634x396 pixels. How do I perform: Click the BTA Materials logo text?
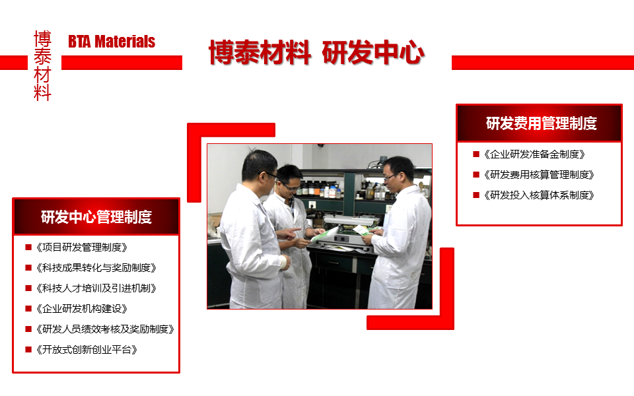pyautogui.click(x=112, y=42)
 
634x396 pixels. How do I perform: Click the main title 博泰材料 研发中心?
pyautogui.click(x=316, y=53)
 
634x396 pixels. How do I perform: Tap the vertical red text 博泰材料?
pyautogui.click(x=42, y=65)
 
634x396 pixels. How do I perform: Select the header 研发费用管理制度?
pyautogui.click(x=542, y=123)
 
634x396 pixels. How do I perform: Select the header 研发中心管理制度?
pyautogui.click(x=96, y=217)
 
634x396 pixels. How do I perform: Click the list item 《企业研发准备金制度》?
pyautogui.click(x=534, y=154)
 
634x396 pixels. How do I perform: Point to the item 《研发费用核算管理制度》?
pyautogui.click(x=539, y=175)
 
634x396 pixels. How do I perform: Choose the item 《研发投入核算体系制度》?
pyautogui.click(x=539, y=195)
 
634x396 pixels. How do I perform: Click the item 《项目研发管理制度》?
pyautogui.click(x=82, y=247)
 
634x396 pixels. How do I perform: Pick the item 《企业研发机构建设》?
pyautogui.click(x=82, y=309)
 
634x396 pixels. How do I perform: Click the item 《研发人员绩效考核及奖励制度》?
pyautogui.click(x=105, y=329)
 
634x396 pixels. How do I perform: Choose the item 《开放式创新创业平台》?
pyautogui.click(x=87, y=350)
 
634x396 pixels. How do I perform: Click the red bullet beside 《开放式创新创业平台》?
pyautogui.click(x=28, y=350)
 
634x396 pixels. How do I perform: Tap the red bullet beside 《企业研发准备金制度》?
pyautogui.click(x=476, y=154)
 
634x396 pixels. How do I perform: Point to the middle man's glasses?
pyautogui.click(x=291, y=187)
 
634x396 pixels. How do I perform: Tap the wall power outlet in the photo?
pyautogui.click(x=312, y=205)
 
